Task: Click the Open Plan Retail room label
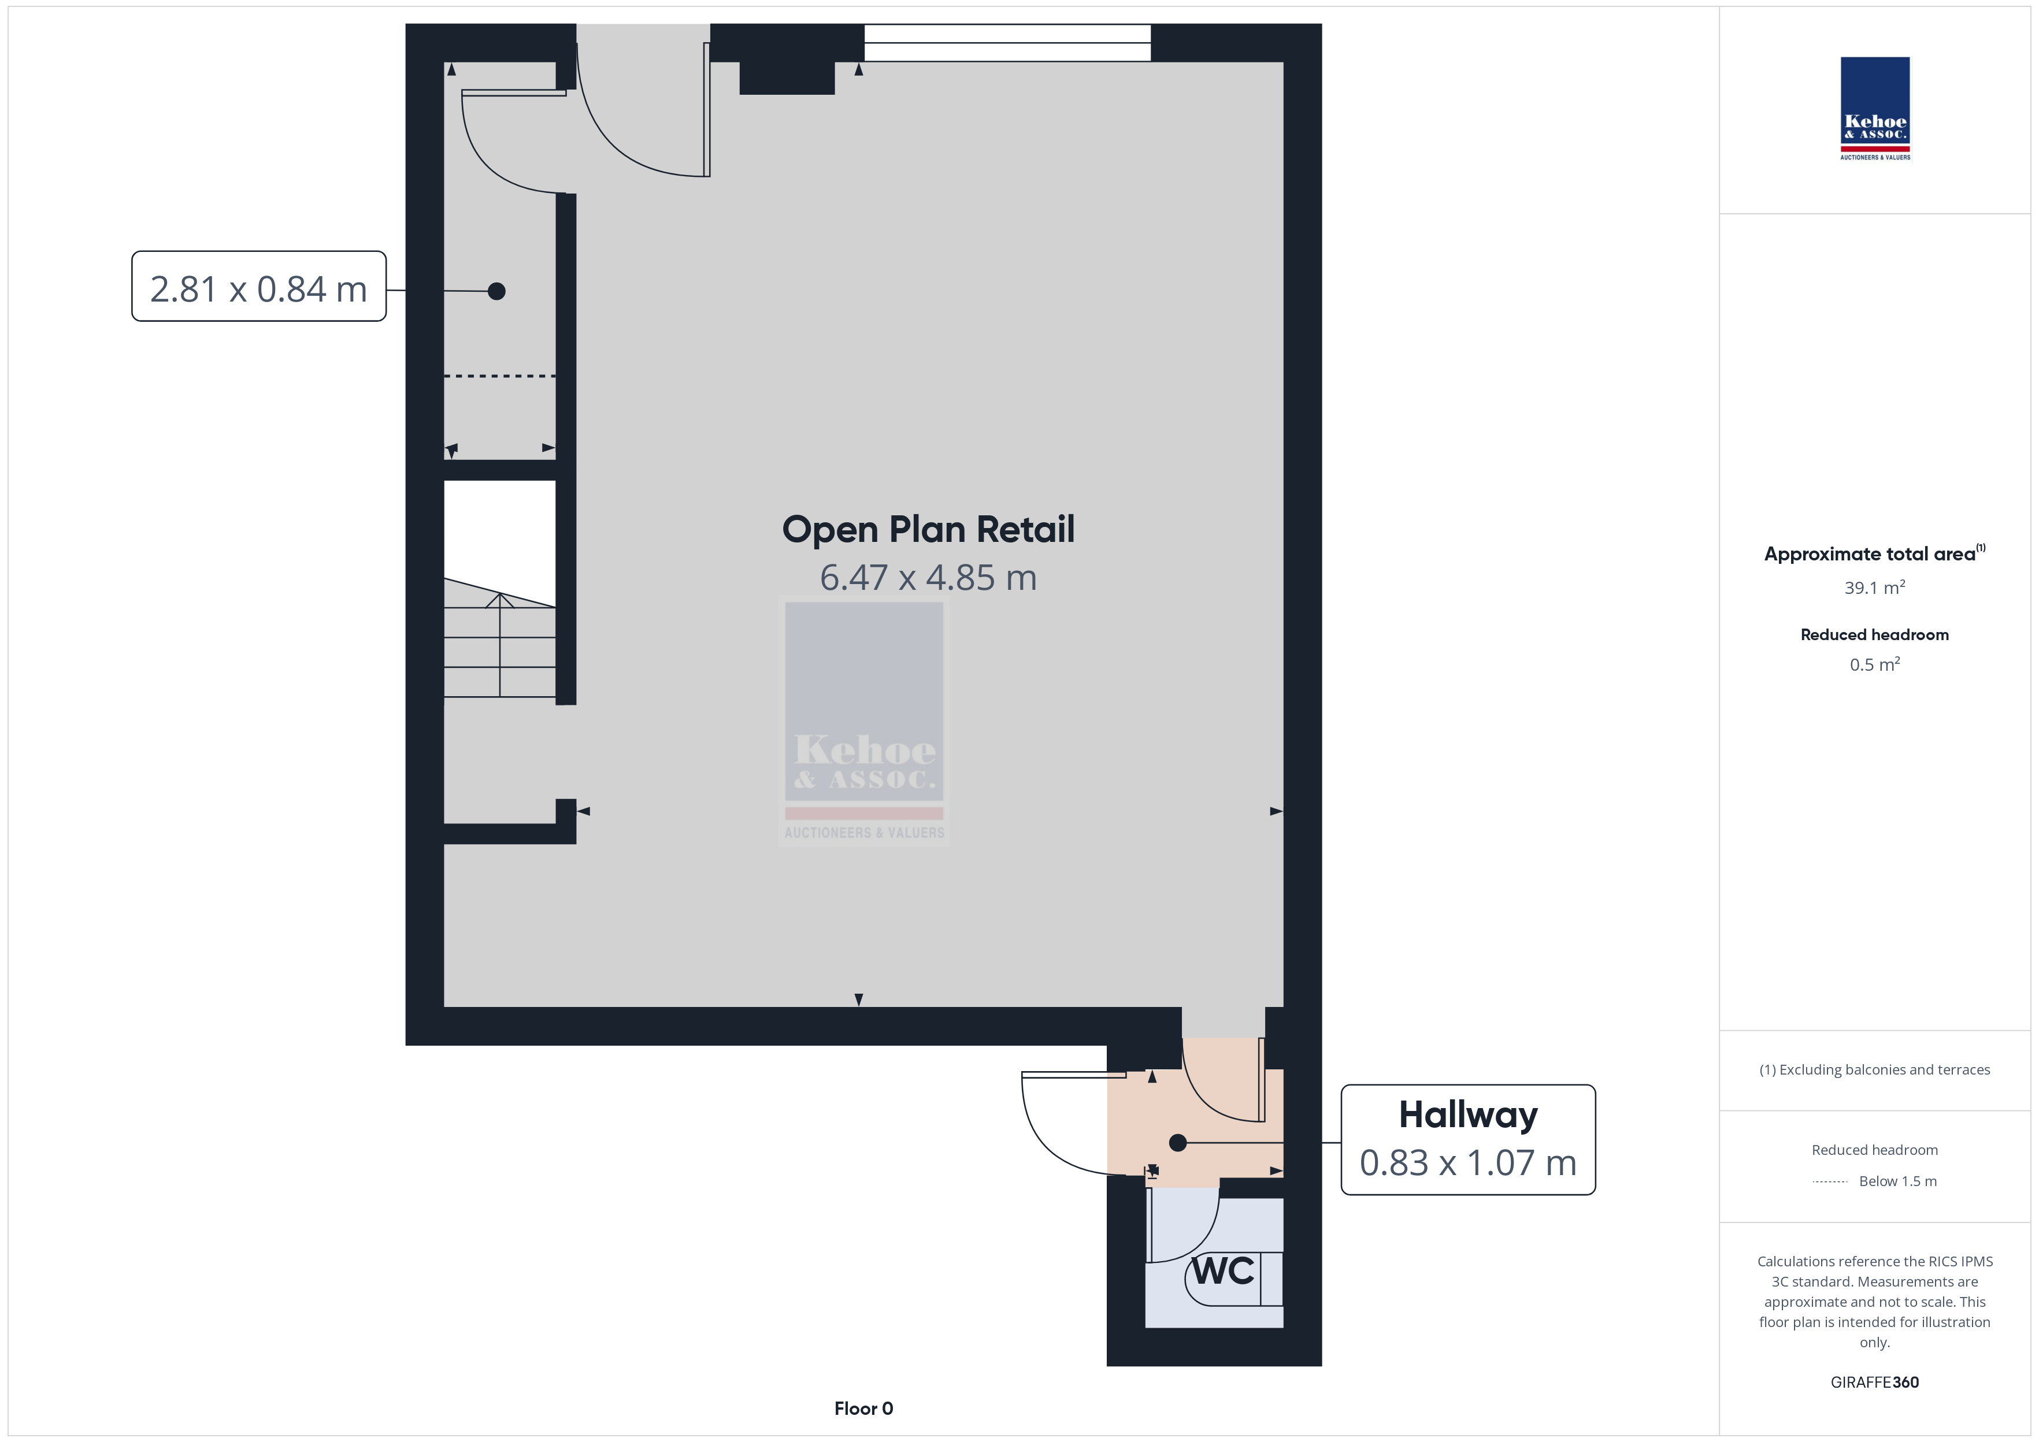[x=928, y=530]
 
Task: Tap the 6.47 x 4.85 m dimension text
[x=928, y=578]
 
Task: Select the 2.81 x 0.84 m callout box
[x=258, y=286]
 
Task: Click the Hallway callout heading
[x=1468, y=1115]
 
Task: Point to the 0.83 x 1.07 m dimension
[x=1468, y=1162]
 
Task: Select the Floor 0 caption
[x=863, y=1408]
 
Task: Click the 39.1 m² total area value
[x=1875, y=587]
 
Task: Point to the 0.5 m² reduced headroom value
[x=1875, y=664]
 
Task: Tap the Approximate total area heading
[x=1875, y=553]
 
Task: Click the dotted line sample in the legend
[x=1829, y=1182]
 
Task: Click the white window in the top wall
[x=1007, y=43]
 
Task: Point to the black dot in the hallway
[x=1178, y=1143]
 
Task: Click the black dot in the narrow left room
[x=496, y=291]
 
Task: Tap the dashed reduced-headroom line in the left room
[x=499, y=377]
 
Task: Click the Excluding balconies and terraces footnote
[x=1875, y=1070]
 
